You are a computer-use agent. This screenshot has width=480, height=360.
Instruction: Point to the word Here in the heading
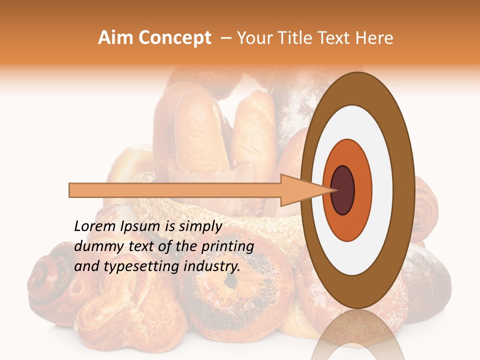[x=374, y=38]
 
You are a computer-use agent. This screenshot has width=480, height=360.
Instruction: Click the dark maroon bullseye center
[x=342, y=190]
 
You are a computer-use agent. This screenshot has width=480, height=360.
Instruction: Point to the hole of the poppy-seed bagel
[x=230, y=281]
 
